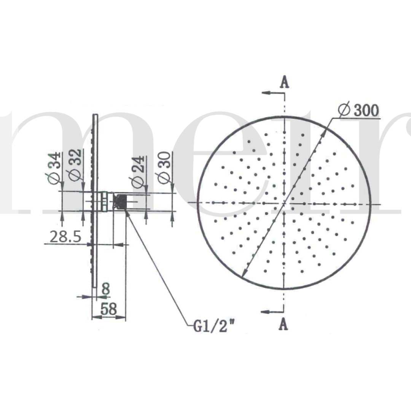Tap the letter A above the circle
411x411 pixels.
pyautogui.click(x=284, y=82)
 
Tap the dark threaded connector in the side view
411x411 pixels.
pyautogui.click(x=121, y=201)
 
